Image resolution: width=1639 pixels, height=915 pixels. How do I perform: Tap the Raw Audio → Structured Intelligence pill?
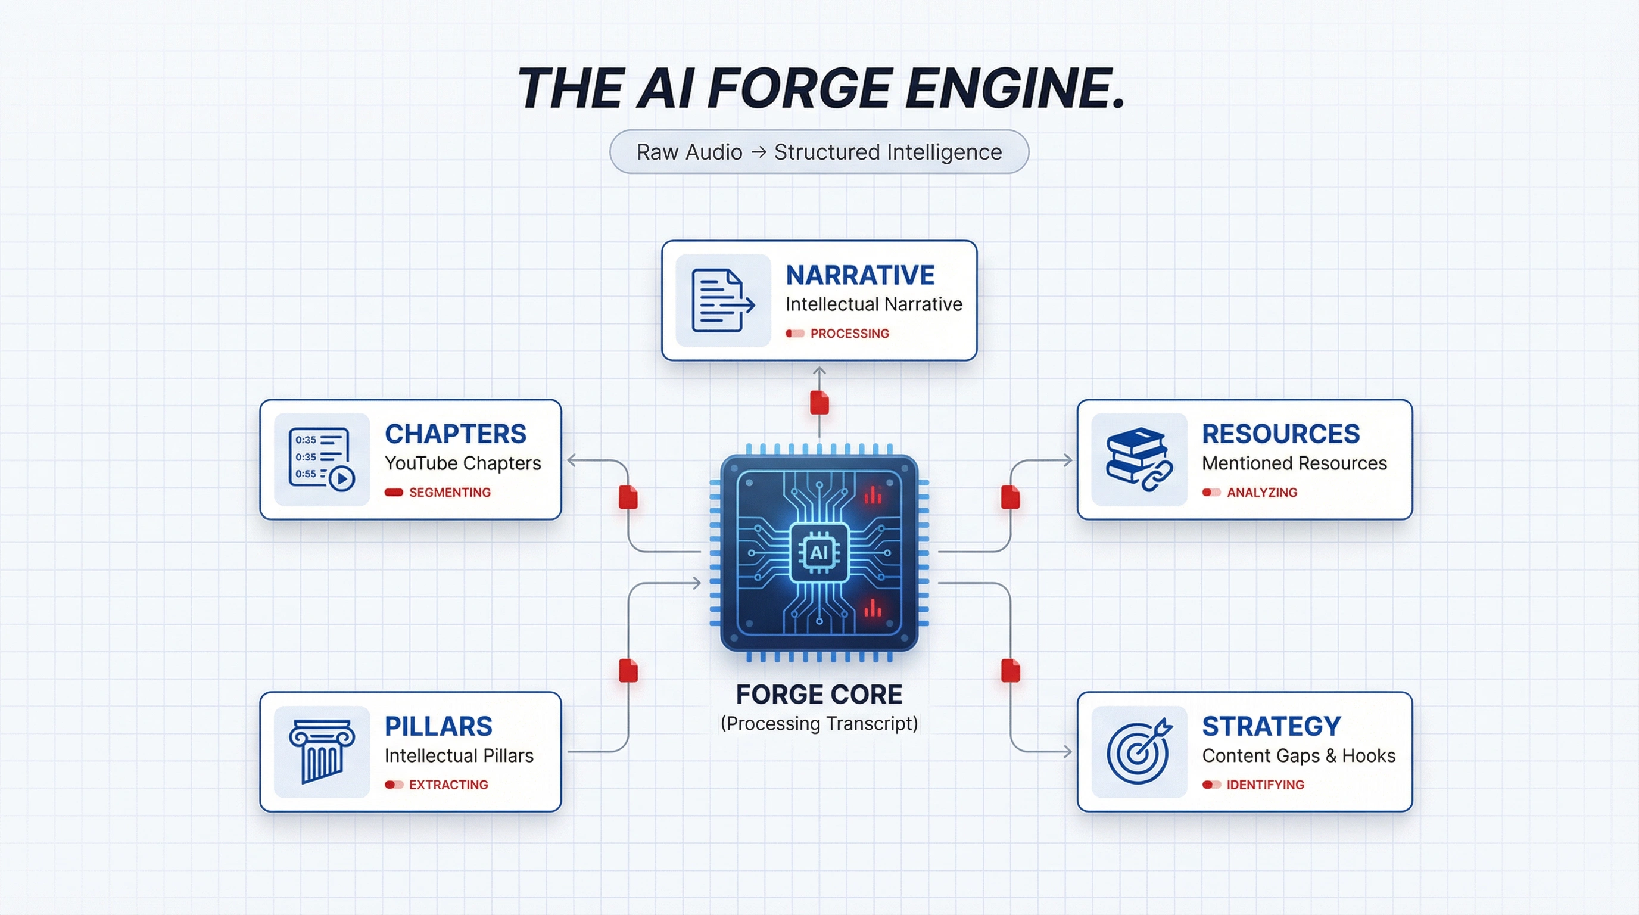[x=819, y=152]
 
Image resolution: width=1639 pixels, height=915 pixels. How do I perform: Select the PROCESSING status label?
[x=849, y=334]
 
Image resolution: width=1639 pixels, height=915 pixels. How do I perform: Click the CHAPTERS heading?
[x=455, y=434]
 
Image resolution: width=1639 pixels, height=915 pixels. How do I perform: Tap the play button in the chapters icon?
[x=342, y=478]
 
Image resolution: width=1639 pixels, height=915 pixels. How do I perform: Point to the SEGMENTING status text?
[x=449, y=493]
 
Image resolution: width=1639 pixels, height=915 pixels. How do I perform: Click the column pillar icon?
[x=322, y=751]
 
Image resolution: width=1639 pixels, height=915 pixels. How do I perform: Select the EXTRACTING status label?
[x=448, y=785]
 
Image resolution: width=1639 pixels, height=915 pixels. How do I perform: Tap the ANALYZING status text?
[x=1261, y=493]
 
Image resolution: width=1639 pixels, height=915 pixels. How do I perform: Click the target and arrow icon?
[x=1139, y=751]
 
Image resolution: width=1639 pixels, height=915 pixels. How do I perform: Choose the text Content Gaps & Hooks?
[x=1298, y=755]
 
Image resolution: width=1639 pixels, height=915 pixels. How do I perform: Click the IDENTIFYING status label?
[x=1265, y=785]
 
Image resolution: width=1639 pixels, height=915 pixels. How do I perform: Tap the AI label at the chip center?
[x=819, y=552]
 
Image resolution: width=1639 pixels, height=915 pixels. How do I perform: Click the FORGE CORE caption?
[x=819, y=694]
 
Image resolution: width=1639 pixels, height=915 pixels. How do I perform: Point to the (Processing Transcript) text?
[x=819, y=723]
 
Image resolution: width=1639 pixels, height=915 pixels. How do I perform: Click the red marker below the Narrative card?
[x=819, y=403]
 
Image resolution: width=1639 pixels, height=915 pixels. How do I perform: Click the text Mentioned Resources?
[x=1294, y=463]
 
